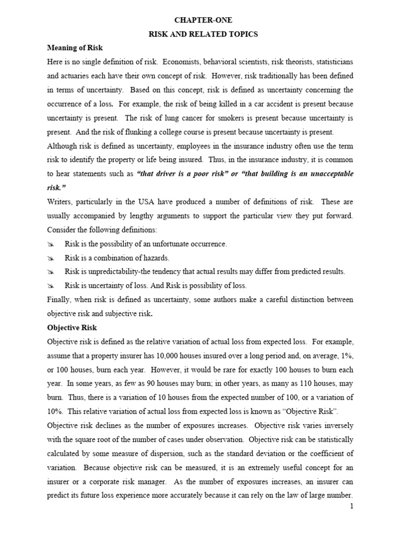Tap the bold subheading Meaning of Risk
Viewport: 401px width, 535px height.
(72, 48)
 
